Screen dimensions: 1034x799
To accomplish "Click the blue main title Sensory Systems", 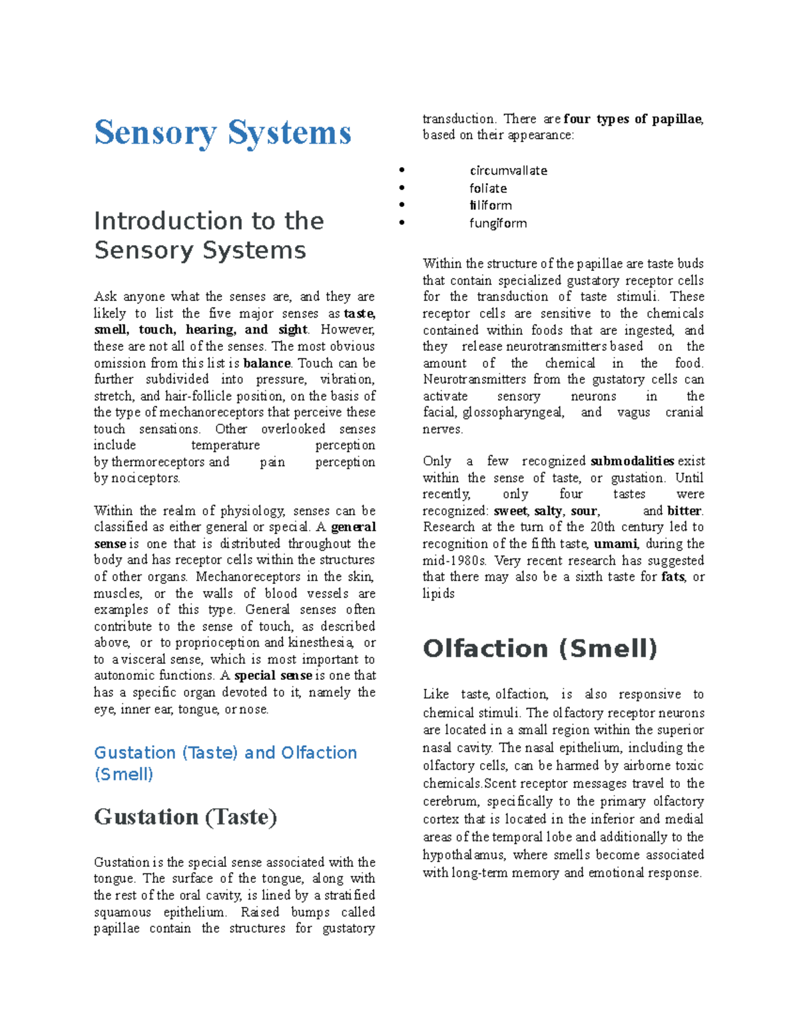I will click(x=222, y=133).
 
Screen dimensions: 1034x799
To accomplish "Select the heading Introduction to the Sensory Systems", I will click(x=208, y=235).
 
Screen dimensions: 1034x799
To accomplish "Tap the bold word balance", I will click(x=267, y=364).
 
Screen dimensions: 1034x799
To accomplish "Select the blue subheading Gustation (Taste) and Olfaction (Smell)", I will click(x=225, y=763).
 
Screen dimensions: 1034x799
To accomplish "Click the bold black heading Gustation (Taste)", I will click(x=185, y=817).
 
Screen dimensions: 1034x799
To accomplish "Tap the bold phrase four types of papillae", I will click(x=633, y=119).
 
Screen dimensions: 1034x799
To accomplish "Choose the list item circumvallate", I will click(x=508, y=170).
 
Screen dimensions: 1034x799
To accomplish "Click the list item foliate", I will click(x=488, y=188).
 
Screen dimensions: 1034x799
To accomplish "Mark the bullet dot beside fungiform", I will click(x=401, y=223).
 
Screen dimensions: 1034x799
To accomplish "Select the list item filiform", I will click(x=491, y=206).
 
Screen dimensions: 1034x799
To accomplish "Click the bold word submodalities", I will click(x=632, y=461).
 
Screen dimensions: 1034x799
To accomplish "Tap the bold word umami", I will click(x=617, y=544).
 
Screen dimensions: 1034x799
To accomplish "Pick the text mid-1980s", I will click(x=455, y=561).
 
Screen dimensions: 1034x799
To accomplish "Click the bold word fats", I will click(x=672, y=577).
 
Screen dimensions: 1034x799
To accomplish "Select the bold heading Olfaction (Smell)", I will click(x=540, y=648).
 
